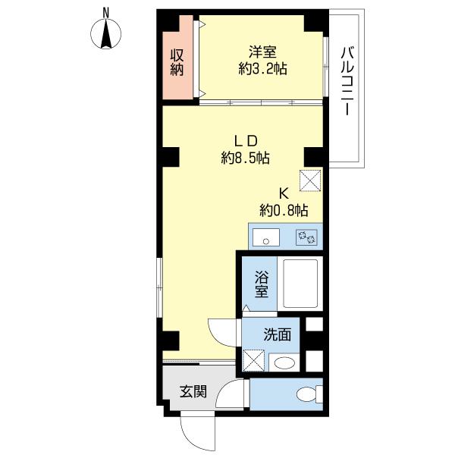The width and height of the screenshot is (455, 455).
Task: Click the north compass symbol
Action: coord(106,32)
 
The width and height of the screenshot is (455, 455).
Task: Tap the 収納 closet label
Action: coord(177,62)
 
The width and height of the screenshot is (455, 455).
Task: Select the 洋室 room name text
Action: coord(262,52)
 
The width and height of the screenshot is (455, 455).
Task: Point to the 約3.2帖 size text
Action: coord(263,69)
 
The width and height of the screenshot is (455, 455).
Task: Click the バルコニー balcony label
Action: coord(347,81)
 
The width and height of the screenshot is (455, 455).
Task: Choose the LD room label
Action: coord(246,141)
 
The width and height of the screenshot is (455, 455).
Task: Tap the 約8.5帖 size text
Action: coord(246,158)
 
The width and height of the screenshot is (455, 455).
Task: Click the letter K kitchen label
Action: coord(283,193)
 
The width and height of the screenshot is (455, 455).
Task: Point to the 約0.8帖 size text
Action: coord(284,210)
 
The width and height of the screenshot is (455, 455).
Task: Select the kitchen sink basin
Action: coord(266,237)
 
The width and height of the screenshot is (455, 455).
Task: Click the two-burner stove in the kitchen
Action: coord(306,237)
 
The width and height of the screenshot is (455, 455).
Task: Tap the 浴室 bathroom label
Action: coord(262,284)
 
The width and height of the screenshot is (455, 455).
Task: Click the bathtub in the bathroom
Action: coord(300,284)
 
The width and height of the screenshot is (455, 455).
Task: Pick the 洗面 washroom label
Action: coord(278,335)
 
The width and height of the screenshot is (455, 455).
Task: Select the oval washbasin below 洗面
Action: coord(284,363)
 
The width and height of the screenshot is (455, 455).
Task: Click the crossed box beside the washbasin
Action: coord(254,360)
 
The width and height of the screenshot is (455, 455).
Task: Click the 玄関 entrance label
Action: coord(193,391)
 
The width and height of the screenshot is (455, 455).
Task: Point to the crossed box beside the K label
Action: coord(310,180)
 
